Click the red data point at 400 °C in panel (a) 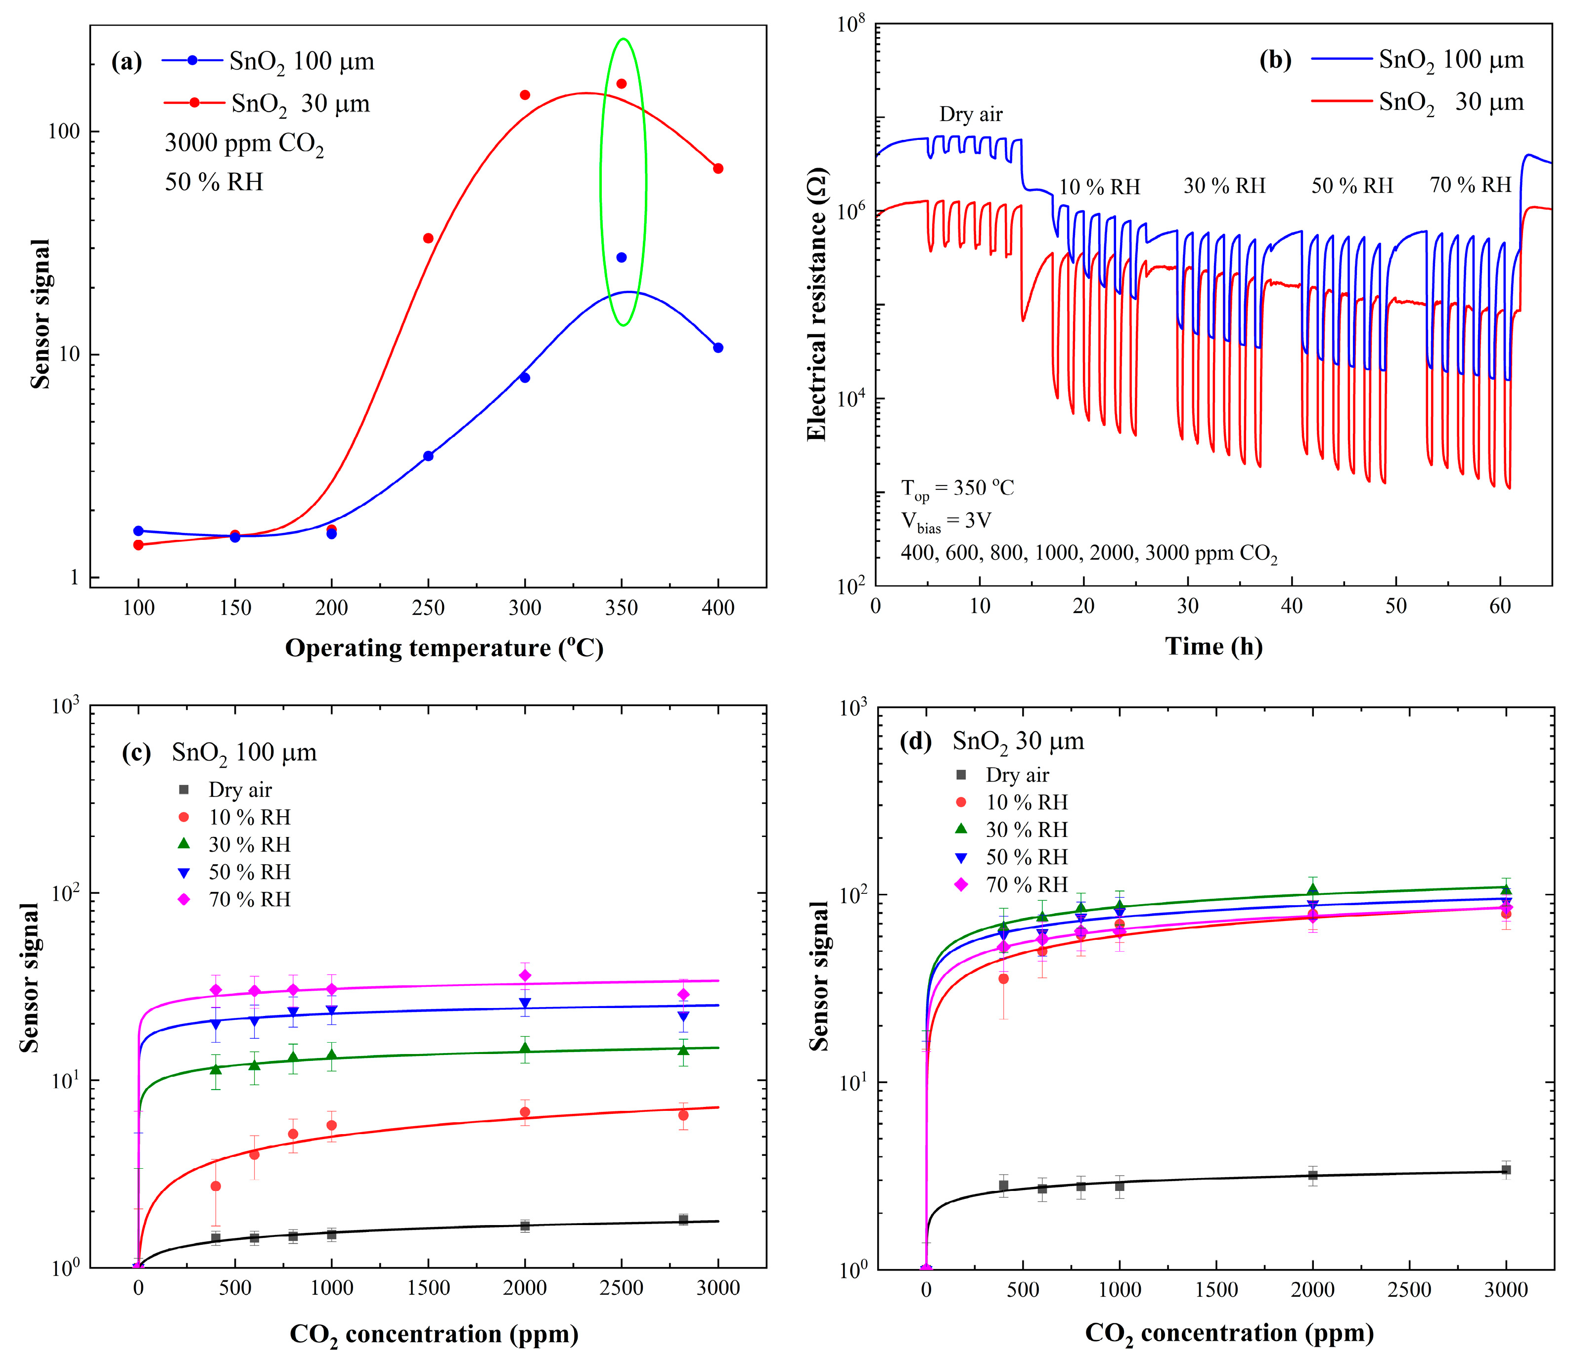click(718, 168)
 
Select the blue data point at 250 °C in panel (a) click(428, 456)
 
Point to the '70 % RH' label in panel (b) click(1470, 185)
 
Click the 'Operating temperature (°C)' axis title click(444, 648)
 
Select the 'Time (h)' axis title click(1213, 647)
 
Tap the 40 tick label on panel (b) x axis click(1292, 606)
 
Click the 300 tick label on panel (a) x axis click(524, 608)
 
